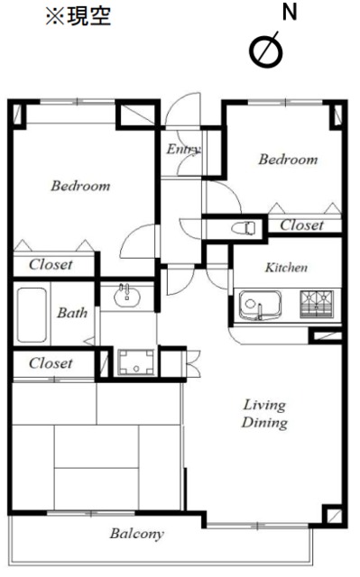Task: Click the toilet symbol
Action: (244, 228)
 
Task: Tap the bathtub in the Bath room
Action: (32, 315)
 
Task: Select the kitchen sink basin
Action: (260, 306)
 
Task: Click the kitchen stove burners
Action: (317, 304)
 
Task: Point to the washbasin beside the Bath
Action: (127, 296)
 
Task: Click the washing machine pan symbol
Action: (136, 362)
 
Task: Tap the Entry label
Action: (183, 149)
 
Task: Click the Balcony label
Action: (137, 534)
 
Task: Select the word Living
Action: (264, 405)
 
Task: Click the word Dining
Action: (264, 423)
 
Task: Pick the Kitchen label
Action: (286, 268)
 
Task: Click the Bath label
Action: (72, 313)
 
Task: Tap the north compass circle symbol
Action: (266, 50)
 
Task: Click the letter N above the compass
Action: (290, 12)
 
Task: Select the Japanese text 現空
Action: (88, 16)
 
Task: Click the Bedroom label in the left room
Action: (80, 186)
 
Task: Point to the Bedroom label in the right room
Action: (288, 160)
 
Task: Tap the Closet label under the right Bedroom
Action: (302, 225)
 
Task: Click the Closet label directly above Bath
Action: (51, 264)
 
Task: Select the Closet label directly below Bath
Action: (51, 363)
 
